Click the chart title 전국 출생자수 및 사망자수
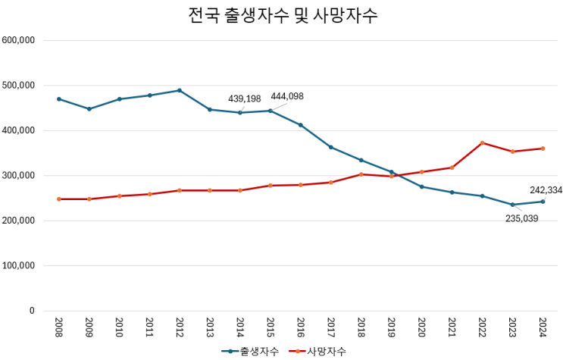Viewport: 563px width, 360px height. click(x=282, y=16)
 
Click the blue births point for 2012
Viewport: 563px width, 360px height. click(x=180, y=90)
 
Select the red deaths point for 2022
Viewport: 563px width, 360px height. click(x=482, y=142)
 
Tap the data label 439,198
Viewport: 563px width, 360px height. click(x=245, y=99)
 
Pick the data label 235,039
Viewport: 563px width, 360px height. click(x=521, y=218)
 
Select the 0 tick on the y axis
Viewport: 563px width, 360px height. click(x=31, y=311)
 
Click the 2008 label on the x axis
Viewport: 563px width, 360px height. click(x=59, y=328)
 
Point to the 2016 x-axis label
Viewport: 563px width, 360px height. click(x=301, y=328)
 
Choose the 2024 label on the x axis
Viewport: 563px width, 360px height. click(x=543, y=328)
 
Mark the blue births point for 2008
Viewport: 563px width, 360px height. click(x=59, y=99)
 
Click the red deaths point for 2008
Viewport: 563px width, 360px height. click(x=59, y=199)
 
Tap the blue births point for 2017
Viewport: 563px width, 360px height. click(x=331, y=147)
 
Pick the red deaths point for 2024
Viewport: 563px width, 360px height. click(x=543, y=149)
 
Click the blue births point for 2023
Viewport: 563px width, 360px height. click(x=512, y=205)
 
